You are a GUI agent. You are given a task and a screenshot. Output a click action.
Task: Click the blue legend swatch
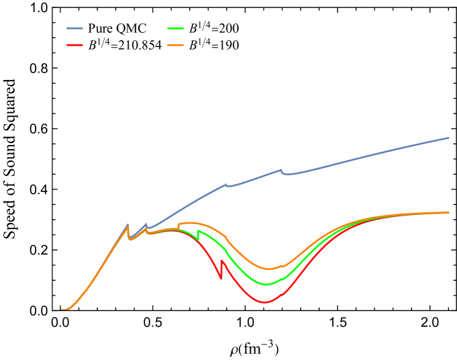pos(74,28)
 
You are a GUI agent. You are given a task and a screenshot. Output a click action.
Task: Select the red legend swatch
pos(74,45)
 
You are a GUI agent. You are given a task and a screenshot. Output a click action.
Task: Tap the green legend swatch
pos(175,28)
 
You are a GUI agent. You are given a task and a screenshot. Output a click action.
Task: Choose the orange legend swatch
pos(175,45)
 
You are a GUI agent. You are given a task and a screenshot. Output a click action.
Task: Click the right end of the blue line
pos(448,138)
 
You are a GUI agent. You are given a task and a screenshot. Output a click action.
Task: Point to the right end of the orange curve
pos(448,212)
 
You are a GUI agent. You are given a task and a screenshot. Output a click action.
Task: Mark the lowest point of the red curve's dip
pos(264,302)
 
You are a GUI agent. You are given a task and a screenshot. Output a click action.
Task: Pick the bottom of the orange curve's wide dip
pos(268,269)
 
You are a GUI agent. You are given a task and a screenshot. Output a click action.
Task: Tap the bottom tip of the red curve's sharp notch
pos(220,277)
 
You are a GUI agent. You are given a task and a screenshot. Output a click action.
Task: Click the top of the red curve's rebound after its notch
pos(221,261)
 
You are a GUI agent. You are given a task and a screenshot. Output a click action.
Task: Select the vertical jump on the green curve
pos(198,236)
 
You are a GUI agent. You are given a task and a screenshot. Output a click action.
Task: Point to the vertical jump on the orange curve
pos(178,226)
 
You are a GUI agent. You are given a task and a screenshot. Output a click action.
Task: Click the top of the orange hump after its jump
pos(189,222)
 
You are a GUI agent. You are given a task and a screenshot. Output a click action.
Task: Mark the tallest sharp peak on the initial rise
pos(128,224)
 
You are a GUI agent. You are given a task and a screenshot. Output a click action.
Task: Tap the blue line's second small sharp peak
pos(146,224)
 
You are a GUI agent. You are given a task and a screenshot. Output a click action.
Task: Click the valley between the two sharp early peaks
pos(131,238)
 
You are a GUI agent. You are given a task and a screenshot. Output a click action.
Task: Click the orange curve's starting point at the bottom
pos(62,310)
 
